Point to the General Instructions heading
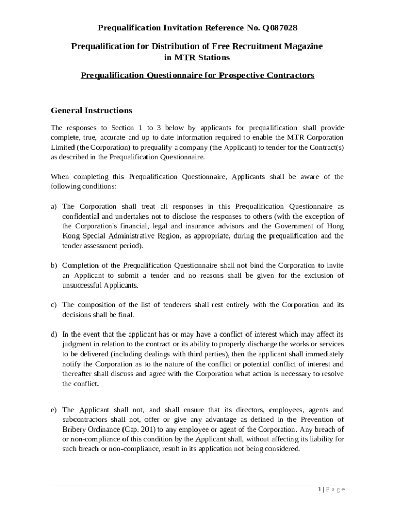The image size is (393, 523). pos(91,111)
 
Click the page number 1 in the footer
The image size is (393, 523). pos(319,490)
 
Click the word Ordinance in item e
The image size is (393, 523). pos(104,430)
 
